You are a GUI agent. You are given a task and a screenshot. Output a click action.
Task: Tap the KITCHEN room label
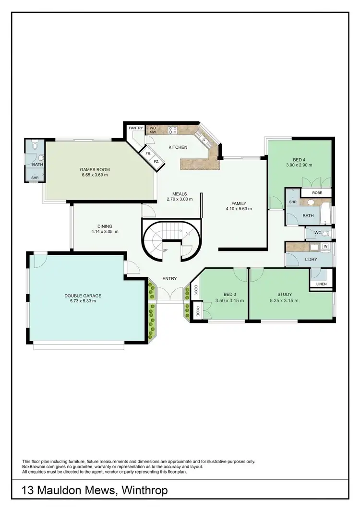[x=177, y=147]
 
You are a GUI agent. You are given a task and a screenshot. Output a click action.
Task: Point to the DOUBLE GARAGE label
[x=84, y=296]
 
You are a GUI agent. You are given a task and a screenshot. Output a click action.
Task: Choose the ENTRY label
[x=169, y=278]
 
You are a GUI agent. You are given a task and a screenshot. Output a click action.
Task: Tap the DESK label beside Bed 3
[x=196, y=290]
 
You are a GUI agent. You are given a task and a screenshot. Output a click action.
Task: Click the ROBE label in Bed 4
[x=317, y=193]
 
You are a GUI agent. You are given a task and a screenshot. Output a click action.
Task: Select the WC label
[x=317, y=233]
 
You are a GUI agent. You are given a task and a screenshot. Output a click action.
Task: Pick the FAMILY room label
[x=239, y=203]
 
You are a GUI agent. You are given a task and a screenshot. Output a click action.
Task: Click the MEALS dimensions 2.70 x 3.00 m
[x=176, y=200]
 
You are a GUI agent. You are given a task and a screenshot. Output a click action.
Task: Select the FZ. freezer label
[x=156, y=162]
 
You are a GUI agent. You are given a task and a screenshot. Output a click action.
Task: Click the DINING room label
[x=104, y=226]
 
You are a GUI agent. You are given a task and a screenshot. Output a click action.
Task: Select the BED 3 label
[x=230, y=295]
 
